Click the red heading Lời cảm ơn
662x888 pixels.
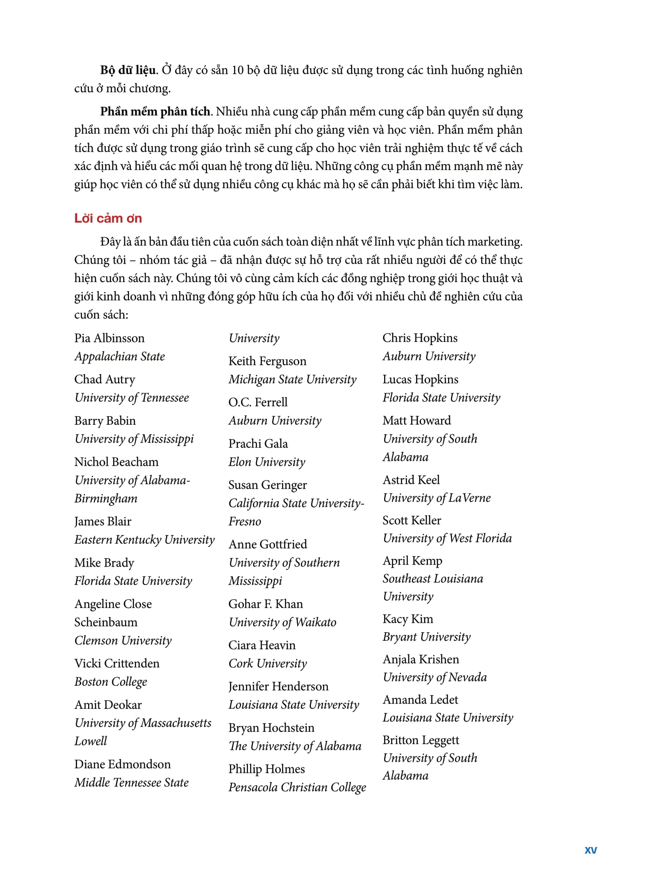pyautogui.click(x=108, y=219)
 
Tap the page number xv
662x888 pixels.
pyautogui.click(x=591, y=850)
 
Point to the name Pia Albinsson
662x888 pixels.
pyautogui.click(x=109, y=338)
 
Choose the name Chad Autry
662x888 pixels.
pyautogui.click(x=105, y=379)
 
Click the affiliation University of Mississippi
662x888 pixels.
pyautogui.click(x=134, y=439)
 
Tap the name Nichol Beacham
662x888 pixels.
pyautogui.click(x=116, y=462)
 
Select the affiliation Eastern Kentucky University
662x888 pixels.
pyautogui.click(x=144, y=540)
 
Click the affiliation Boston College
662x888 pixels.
pyautogui.click(x=111, y=681)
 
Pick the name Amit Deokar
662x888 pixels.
pyautogui.click(x=108, y=705)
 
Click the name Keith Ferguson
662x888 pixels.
pyautogui.click(x=267, y=361)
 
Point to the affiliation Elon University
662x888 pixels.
pyautogui.click(x=267, y=462)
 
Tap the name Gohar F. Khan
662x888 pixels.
pyautogui.click(x=266, y=604)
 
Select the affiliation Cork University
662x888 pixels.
pyautogui.click(x=268, y=663)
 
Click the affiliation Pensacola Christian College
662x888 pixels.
pyautogui.click(x=297, y=787)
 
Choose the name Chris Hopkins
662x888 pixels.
pyautogui.click(x=420, y=338)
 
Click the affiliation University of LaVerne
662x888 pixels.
pyautogui.click(x=437, y=498)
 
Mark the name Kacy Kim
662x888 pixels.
pyautogui.click(x=408, y=619)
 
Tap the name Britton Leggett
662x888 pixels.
pyautogui.click(x=421, y=740)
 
